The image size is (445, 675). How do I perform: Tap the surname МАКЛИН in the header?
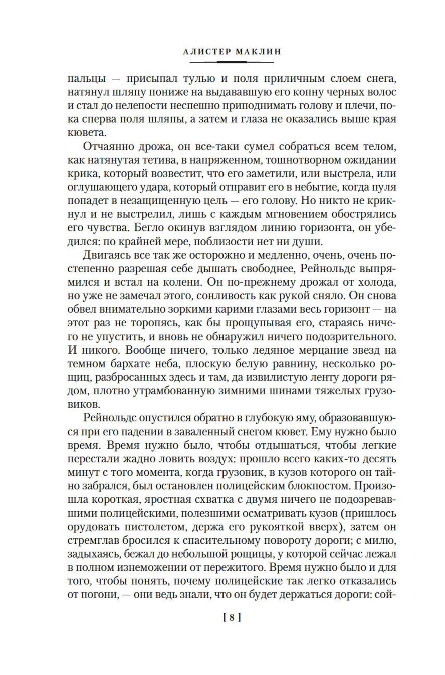tap(259, 52)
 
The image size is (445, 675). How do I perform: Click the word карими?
tap(229, 309)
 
